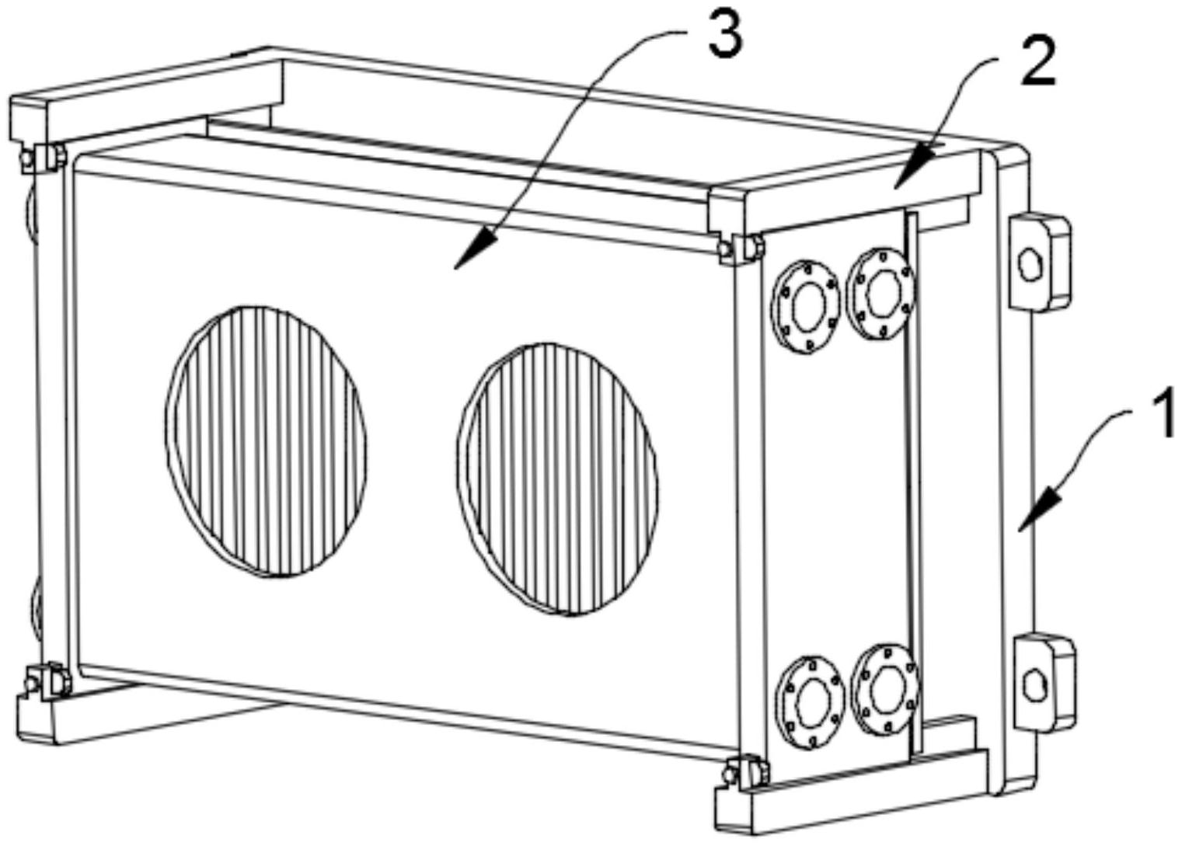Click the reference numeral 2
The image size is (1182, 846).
tap(1038, 63)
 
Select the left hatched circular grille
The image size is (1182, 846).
tap(267, 440)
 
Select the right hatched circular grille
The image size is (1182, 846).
tap(558, 478)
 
